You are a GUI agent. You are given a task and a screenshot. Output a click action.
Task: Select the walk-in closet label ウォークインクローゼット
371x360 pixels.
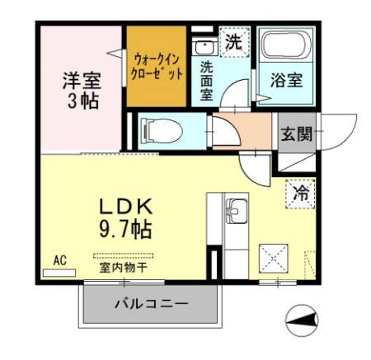coord(157,66)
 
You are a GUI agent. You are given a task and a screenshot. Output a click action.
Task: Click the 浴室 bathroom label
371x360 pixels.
coord(288,81)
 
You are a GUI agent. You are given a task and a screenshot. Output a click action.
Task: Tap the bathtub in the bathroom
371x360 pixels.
coord(285,46)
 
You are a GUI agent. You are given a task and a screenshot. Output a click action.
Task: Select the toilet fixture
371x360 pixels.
coord(161,130)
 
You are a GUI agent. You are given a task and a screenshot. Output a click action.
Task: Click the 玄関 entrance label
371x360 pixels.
coord(296,134)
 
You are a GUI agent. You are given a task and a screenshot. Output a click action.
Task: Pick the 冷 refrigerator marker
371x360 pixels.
coord(302,194)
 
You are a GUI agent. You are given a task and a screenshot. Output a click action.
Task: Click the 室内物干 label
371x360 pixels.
coord(124,268)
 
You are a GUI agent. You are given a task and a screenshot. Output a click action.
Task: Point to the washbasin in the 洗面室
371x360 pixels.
coord(202,47)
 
